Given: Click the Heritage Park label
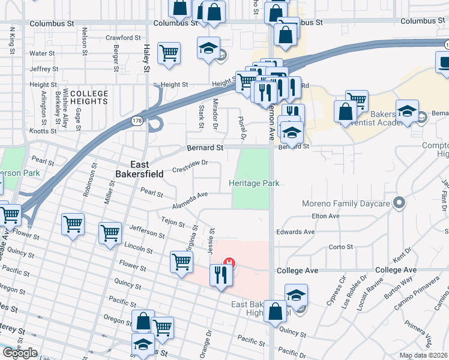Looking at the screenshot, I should (x=255, y=183).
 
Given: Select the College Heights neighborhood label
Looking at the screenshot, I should (x=89, y=98).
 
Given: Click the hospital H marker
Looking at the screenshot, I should (x=229, y=262).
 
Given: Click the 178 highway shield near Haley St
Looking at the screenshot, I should (x=137, y=121).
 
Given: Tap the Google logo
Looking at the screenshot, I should (x=20, y=353).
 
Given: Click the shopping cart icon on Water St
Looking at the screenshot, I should (x=169, y=53).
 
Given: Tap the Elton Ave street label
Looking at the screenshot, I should (x=326, y=216).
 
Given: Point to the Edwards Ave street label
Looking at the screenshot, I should (x=295, y=232).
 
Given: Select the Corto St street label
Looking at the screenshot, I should (x=341, y=247).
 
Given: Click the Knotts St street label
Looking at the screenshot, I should (x=43, y=130).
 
